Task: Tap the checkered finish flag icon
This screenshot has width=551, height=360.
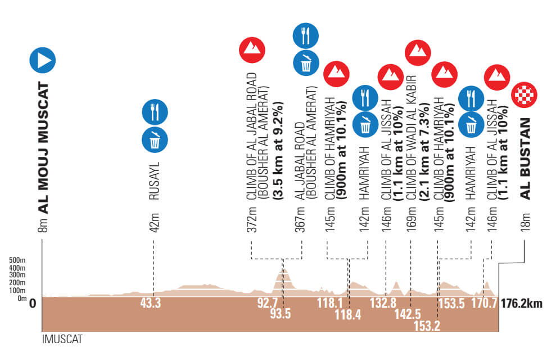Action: [x=524, y=96]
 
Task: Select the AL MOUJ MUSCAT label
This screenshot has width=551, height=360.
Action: [x=43, y=148]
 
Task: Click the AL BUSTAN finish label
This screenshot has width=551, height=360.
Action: [x=526, y=159]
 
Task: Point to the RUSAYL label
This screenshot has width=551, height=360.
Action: [x=155, y=182]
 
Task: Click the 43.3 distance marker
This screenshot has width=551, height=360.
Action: [x=151, y=304]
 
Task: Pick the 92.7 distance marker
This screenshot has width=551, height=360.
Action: [x=268, y=304]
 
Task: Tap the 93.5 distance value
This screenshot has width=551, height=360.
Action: [x=280, y=314]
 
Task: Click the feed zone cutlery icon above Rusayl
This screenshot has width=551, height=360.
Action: [x=155, y=111]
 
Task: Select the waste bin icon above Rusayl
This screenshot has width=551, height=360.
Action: [x=155, y=139]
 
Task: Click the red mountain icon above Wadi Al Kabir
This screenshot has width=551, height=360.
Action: [x=418, y=52]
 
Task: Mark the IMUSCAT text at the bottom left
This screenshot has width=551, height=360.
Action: [x=62, y=340]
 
